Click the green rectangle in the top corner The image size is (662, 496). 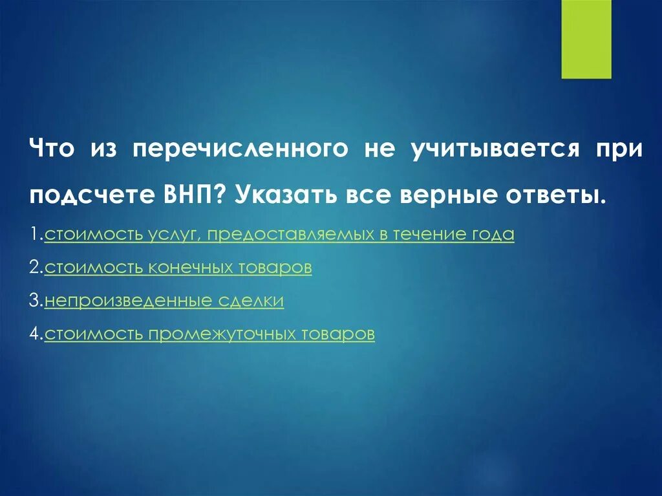pyautogui.click(x=586, y=39)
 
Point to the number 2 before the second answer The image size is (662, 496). pyautogui.click(x=36, y=268)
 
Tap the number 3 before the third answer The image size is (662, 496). pyautogui.click(x=36, y=301)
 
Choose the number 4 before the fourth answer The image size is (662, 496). pyautogui.click(x=36, y=334)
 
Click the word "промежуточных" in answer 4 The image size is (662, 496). pyautogui.click(x=224, y=334)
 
